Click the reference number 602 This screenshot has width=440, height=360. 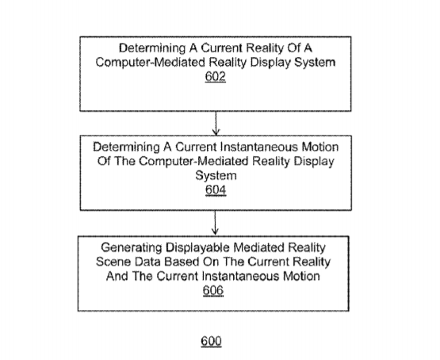pyautogui.click(x=215, y=77)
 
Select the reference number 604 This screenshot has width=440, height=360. pyautogui.click(x=216, y=190)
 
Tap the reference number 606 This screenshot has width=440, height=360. pyautogui.click(x=213, y=290)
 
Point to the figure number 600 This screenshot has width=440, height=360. pyautogui.click(x=212, y=341)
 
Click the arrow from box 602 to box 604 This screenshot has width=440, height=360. pyautogui.click(x=216, y=124)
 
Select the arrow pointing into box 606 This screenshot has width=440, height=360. pyautogui.click(x=215, y=223)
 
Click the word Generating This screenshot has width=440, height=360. pyautogui.click(x=132, y=248)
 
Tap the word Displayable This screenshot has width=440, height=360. pyautogui.click(x=198, y=248)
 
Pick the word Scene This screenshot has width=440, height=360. pyautogui.click(x=113, y=262)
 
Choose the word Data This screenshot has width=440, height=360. pyautogui.click(x=148, y=262)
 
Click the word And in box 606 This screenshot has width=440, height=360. pyautogui.click(x=117, y=276)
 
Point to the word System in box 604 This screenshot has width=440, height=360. pyautogui.click(x=216, y=176)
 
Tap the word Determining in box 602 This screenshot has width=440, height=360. pyautogui.click(x=152, y=48)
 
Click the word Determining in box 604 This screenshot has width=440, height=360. pyautogui.click(x=127, y=147)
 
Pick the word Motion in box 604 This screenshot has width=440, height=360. pyautogui.click(x=320, y=147)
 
